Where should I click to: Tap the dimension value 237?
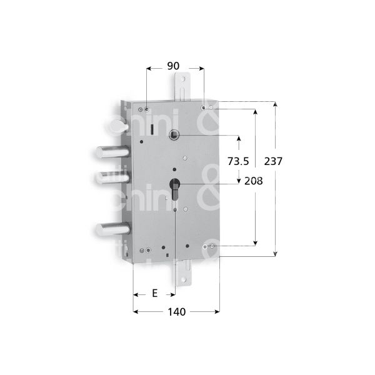[x=274, y=161]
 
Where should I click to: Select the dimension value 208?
[x=252, y=181]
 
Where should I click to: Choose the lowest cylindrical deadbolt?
[x=110, y=229]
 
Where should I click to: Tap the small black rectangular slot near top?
[x=151, y=129]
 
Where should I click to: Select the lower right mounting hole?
[x=207, y=247]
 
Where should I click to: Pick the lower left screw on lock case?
[x=145, y=251]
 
